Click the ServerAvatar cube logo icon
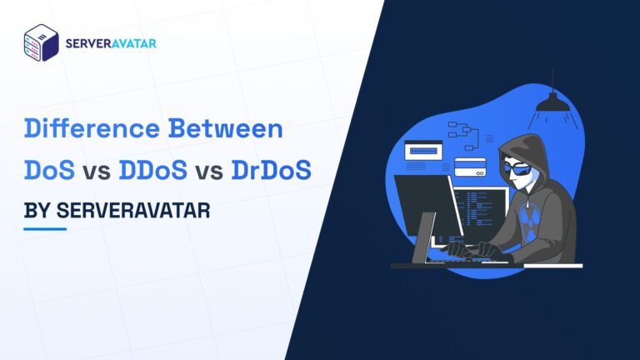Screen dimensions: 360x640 [41, 42]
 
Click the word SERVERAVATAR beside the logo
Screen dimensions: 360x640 [111, 42]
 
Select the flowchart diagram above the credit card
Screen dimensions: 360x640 [460, 132]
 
